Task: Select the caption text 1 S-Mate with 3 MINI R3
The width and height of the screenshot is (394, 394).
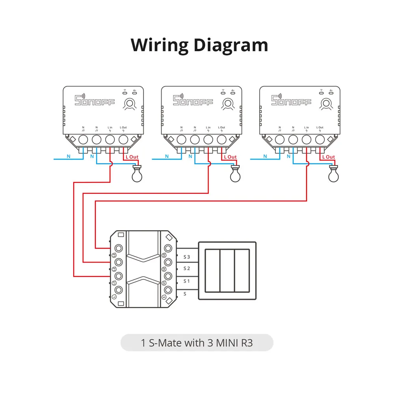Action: click(x=197, y=343)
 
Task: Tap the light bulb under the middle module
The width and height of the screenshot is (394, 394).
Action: click(x=235, y=174)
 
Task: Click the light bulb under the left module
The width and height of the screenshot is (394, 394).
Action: click(x=136, y=174)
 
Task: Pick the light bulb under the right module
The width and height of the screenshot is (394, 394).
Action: click(x=333, y=174)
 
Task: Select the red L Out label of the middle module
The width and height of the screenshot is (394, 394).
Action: click(x=230, y=157)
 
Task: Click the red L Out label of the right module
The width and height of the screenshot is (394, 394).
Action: click(x=328, y=157)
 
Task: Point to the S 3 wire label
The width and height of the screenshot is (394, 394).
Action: click(x=187, y=257)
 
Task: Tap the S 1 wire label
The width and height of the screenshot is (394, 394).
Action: click(x=187, y=281)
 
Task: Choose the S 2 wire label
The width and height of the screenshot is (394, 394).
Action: click(x=187, y=269)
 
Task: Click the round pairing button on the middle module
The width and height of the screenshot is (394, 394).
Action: click(x=227, y=104)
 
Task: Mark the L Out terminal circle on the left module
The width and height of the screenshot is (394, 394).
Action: click(x=123, y=139)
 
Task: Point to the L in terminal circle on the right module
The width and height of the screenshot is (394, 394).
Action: click(x=307, y=139)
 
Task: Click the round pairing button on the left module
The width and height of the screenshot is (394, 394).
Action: click(x=128, y=104)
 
